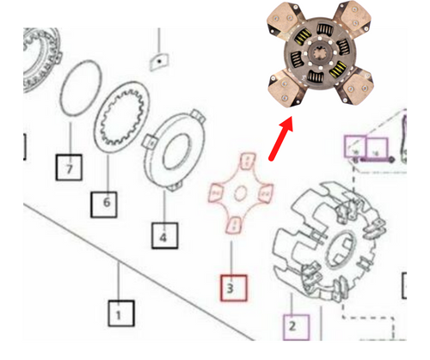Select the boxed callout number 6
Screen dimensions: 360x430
point(106,204)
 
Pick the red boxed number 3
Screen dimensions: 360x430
point(233,287)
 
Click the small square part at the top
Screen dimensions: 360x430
point(159,61)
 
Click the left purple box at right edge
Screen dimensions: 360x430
point(354,148)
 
